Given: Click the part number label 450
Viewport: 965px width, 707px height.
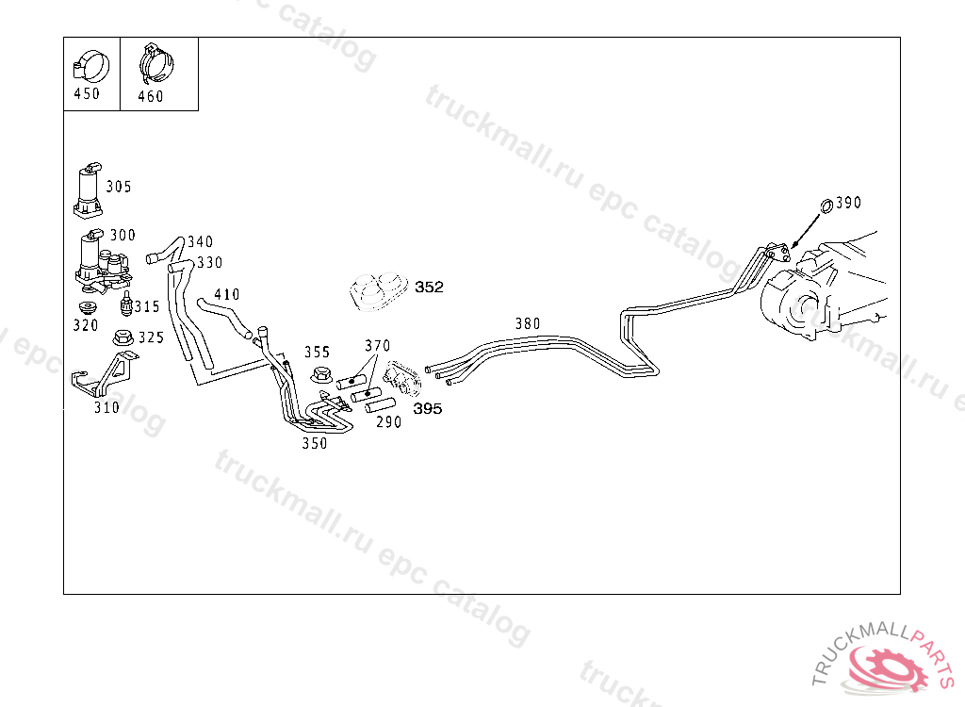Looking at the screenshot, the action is (86, 93).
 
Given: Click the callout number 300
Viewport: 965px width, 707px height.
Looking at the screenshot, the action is (123, 235).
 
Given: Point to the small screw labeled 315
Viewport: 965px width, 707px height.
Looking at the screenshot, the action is (125, 304).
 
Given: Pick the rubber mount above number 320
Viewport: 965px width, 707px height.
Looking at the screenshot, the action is (89, 310).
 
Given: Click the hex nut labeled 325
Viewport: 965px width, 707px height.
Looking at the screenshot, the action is (123, 337).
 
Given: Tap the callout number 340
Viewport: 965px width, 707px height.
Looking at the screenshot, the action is (200, 242).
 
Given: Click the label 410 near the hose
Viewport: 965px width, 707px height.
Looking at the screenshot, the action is (227, 295).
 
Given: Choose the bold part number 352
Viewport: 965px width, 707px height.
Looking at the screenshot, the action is (429, 288).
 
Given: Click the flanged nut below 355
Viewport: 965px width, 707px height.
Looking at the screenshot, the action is (320, 375).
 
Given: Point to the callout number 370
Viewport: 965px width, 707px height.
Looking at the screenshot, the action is (377, 346).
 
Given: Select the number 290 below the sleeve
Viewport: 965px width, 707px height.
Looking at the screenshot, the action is (388, 422).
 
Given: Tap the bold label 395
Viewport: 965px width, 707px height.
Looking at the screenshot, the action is (427, 409).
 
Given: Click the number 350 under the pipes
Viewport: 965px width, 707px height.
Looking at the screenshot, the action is (315, 443).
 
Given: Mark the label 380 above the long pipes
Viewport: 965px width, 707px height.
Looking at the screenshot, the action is (528, 324).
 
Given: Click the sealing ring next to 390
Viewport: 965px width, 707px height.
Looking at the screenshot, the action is (826, 205).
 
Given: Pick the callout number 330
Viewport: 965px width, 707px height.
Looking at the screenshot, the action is (209, 263).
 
